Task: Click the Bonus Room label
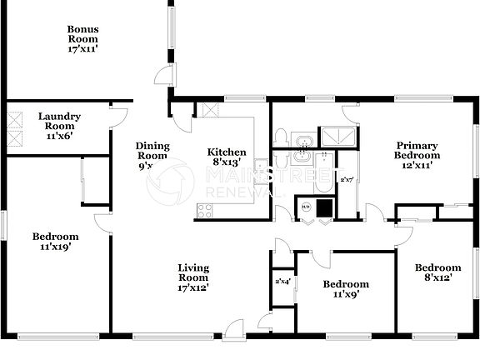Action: tap(83, 39)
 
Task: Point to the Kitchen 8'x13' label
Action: tap(227, 157)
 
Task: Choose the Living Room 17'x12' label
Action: tap(193, 277)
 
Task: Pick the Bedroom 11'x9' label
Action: tap(345, 289)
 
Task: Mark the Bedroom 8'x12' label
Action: tap(438, 272)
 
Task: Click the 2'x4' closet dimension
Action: tap(283, 282)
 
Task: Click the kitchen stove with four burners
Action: tap(204, 211)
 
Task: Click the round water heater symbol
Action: tap(306, 207)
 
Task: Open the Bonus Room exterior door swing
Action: tap(165, 74)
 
